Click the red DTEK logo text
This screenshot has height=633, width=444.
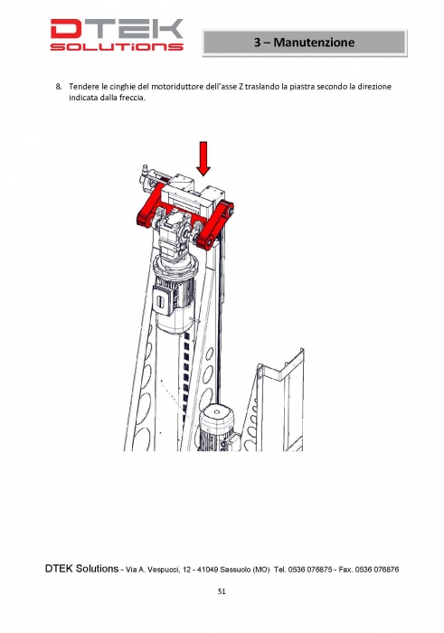click(117, 29)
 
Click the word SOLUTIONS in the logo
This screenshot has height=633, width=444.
click(117, 47)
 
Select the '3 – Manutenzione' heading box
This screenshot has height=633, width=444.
click(305, 43)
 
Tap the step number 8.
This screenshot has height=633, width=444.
click(59, 87)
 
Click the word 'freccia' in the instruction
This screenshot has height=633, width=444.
click(132, 98)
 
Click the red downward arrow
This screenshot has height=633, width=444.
click(203, 158)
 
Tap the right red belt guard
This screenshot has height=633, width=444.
click(215, 226)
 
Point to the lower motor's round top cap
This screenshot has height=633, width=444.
click(217, 414)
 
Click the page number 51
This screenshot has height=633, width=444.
click(222, 591)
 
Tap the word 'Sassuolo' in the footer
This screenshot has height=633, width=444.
click(235, 570)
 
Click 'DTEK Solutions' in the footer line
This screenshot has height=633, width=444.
click(81, 569)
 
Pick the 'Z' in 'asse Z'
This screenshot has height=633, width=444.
click(241, 87)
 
